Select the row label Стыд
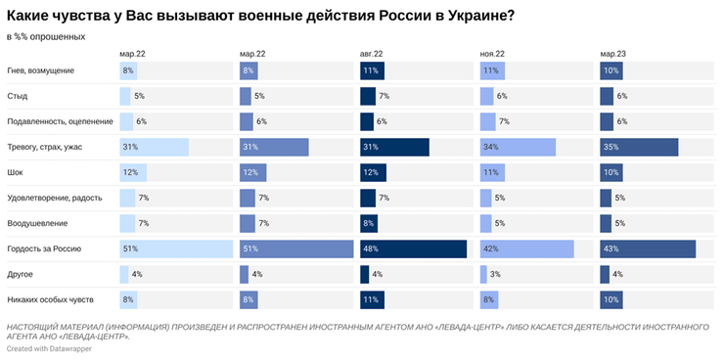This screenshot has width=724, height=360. (19, 96)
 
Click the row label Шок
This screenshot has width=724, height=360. (17, 172)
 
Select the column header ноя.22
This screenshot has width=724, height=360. (493, 54)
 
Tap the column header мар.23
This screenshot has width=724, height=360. (613, 54)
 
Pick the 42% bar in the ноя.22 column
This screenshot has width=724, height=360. (526, 249)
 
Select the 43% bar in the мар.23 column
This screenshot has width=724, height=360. (648, 249)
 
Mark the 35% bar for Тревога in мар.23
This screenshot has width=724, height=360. (639, 147)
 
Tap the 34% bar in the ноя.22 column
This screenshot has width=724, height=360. (518, 147)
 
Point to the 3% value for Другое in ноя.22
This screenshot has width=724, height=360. (497, 275)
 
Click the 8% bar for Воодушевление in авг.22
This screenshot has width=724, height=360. (367, 223)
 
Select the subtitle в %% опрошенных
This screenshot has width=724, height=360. (45, 36)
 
